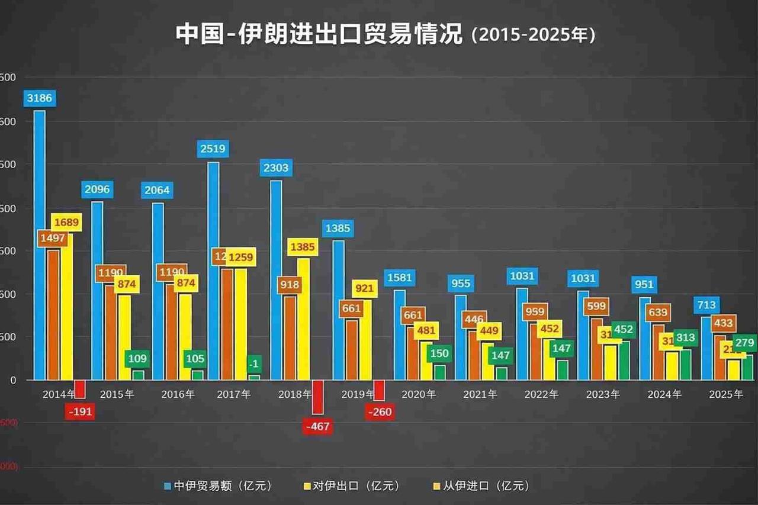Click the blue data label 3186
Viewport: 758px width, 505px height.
[40, 98]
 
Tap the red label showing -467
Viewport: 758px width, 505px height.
[318, 426]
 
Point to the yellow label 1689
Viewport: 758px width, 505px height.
[66, 223]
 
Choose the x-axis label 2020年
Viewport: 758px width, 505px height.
[419, 394]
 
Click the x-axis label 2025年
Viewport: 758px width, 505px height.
[727, 394]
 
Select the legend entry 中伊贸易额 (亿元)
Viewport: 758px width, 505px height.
[217, 486]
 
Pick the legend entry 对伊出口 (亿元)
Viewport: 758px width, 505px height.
[349, 486]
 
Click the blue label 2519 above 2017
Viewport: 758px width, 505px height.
[212, 149]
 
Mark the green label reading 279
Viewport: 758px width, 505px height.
[744, 343]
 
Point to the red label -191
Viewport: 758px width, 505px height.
[80, 411]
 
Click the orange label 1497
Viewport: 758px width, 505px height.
[53, 239]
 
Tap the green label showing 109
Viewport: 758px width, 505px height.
[137, 359]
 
